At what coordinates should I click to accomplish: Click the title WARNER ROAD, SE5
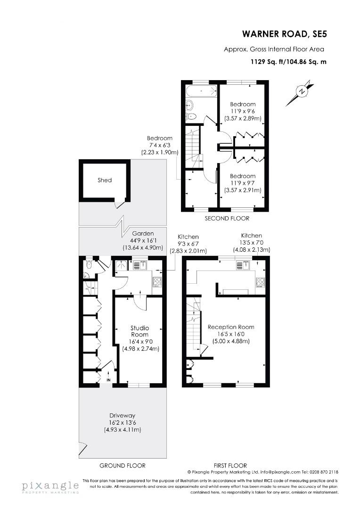point(284,34)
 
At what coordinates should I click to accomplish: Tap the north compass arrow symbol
point(300,92)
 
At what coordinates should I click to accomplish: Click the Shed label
point(105,180)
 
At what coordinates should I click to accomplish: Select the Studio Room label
point(139,331)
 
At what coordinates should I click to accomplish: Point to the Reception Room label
point(231,327)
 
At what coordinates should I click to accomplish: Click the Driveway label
point(123,416)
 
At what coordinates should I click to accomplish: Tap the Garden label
point(143,233)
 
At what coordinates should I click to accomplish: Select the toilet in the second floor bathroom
point(192,116)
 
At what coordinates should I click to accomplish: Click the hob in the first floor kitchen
point(260,282)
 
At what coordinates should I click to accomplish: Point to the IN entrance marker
point(109,380)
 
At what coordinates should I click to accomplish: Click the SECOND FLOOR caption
point(227,219)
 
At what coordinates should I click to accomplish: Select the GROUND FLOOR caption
point(123,466)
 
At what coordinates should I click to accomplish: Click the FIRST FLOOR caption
point(230,466)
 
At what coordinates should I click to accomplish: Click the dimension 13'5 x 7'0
point(252,243)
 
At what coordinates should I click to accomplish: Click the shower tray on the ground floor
point(122,265)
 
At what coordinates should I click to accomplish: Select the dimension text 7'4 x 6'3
point(159,145)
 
